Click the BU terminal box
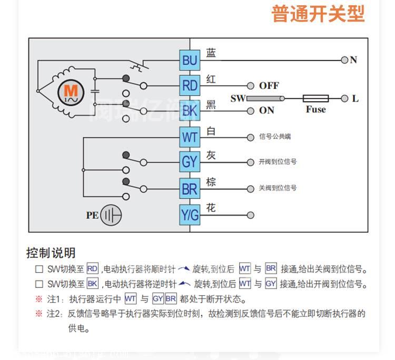point(189,61)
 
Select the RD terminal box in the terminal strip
point(189,85)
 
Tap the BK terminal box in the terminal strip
point(189,111)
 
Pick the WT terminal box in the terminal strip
point(189,137)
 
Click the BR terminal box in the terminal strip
point(189,188)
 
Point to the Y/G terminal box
point(189,215)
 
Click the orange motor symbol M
point(71,92)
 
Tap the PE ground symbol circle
point(111,215)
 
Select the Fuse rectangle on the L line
point(315,98)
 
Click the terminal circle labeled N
point(344,60)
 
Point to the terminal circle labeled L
point(344,98)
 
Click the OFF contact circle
point(250,86)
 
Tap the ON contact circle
point(250,111)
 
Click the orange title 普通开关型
point(318,14)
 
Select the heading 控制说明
point(51,253)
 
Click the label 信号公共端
point(275,137)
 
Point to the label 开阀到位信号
point(278,162)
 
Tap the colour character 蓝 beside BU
point(211,53)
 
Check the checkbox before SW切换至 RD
point(38,269)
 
